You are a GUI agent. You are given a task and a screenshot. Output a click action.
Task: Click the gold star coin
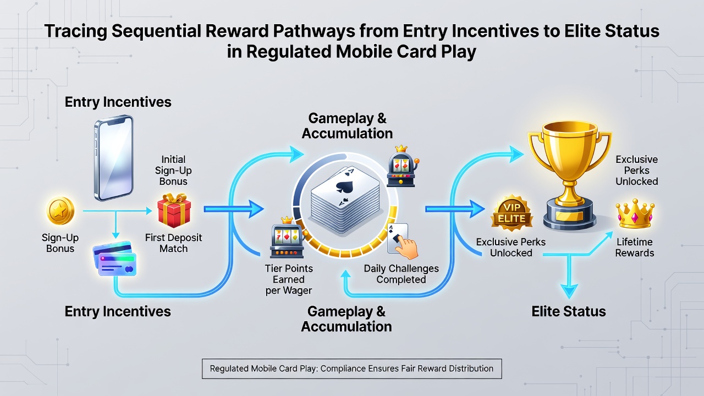point(61,211)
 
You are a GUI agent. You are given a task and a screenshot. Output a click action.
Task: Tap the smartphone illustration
point(114,158)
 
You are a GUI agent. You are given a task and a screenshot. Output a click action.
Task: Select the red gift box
point(174,210)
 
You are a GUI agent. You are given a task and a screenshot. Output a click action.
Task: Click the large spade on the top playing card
point(344,187)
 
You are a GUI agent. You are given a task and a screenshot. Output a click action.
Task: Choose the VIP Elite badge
point(512,213)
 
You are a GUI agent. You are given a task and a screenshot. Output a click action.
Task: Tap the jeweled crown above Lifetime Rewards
point(635,214)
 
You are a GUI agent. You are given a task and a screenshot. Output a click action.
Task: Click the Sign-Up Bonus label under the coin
point(60,243)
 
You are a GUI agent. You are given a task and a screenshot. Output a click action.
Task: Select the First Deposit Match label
point(173,243)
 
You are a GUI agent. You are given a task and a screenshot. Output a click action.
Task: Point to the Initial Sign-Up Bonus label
point(173,170)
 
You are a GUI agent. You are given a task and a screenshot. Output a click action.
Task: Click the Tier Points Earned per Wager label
point(289,279)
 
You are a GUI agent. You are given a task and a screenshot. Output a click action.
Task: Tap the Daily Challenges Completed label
point(402,274)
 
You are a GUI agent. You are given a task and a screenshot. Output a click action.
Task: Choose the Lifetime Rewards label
point(635,248)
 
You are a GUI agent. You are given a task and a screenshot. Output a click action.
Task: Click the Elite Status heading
point(569,311)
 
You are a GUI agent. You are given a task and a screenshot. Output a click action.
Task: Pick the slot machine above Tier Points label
point(287,237)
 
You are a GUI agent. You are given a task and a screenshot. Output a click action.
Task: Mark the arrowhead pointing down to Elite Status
point(569,291)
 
